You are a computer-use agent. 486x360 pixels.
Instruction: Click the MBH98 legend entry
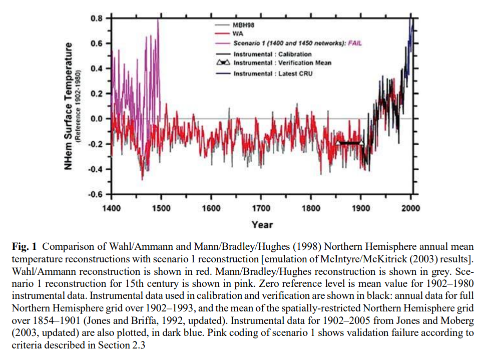243,25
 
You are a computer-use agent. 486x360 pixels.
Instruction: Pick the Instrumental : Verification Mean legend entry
282,63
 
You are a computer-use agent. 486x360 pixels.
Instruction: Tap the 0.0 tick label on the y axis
97,119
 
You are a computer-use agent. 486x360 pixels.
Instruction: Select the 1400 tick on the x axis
111,208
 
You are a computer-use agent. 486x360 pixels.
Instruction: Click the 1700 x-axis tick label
261,208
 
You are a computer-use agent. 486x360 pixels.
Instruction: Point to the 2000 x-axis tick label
410,208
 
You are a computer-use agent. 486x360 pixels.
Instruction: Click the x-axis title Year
262,225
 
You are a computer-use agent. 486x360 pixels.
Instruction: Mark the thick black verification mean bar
350,143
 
